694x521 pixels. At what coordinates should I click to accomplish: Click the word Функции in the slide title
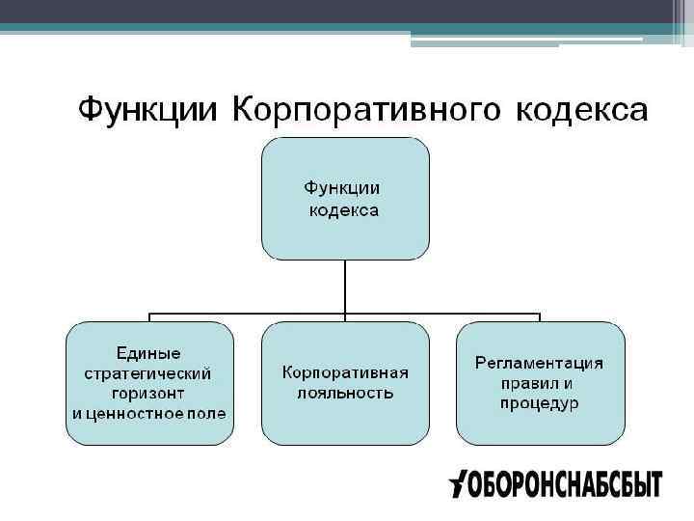coord(147,108)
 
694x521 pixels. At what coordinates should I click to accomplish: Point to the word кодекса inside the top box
coord(344,210)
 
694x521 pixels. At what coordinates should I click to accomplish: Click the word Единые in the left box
coord(148,353)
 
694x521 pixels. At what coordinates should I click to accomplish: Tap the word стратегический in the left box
coord(148,373)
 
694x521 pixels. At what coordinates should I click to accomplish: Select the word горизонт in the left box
coord(148,393)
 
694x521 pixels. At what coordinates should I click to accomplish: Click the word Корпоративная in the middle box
coord(345,372)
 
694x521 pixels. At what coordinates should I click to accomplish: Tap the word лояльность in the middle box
coord(345,393)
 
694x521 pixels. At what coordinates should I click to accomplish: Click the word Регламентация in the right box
coord(540,363)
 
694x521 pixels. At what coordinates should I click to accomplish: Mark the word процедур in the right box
coord(540,403)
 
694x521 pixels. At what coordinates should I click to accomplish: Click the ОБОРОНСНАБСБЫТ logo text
coord(565,484)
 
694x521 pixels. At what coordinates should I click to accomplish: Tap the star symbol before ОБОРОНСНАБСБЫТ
coord(458,483)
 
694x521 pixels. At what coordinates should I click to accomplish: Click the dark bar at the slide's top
coord(347,12)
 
